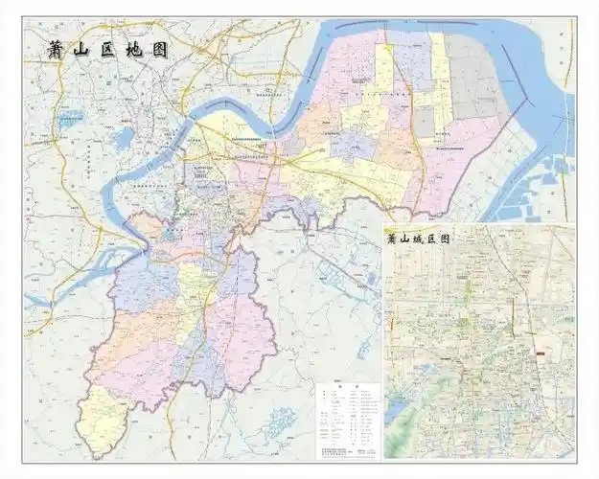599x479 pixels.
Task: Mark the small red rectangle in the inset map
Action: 541,354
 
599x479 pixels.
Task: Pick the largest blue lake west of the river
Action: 122,141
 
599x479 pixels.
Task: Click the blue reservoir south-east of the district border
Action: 279,421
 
